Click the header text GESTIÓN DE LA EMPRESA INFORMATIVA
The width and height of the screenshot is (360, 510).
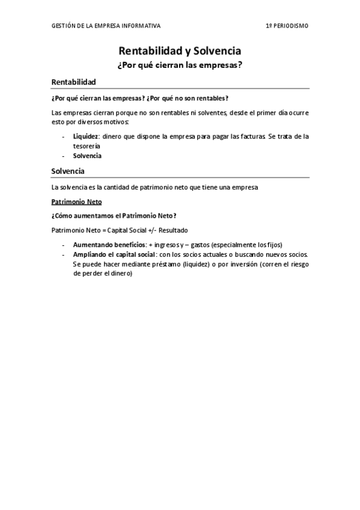(106, 26)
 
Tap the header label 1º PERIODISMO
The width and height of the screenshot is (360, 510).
(287, 26)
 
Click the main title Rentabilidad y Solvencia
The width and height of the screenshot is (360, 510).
(180, 52)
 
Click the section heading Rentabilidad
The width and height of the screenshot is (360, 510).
(74, 81)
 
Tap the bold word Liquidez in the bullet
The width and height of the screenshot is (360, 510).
(85, 137)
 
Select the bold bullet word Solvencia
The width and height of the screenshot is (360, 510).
(87, 156)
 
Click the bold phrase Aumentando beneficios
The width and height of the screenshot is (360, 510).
(109, 245)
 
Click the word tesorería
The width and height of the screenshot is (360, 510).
(87, 146)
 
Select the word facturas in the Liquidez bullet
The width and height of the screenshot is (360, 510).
(249, 137)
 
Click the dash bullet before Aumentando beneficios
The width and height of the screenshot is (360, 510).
(64, 245)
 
